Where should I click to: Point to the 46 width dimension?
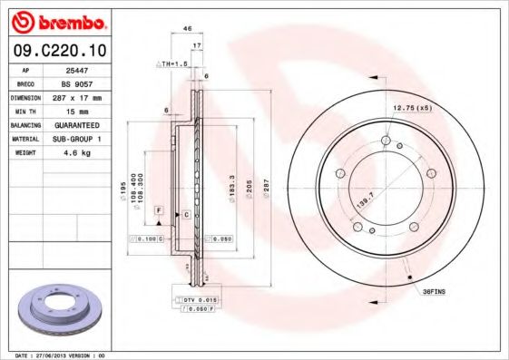(187, 29)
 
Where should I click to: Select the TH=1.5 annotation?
(173, 64)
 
